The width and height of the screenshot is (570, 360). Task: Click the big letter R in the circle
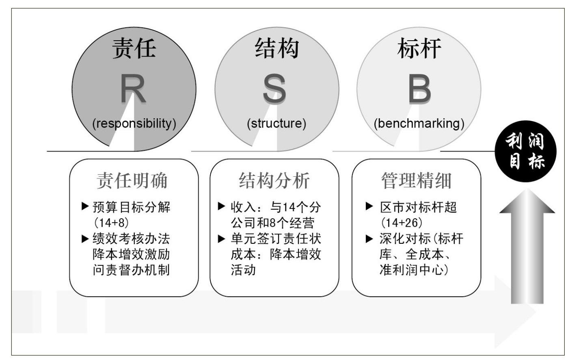point(133,88)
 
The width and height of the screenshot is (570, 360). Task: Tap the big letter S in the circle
point(274,88)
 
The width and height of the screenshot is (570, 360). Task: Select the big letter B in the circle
point(420,88)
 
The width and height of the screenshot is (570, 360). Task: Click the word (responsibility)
point(134,124)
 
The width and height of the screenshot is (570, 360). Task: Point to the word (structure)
point(276,124)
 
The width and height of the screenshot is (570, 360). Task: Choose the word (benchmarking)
point(419,124)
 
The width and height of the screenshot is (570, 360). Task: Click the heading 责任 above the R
point(134,48)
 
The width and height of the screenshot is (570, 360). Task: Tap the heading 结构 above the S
point(276,48)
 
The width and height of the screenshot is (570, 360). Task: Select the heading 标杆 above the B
point(419,48)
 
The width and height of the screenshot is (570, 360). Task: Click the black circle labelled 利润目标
point(525,151)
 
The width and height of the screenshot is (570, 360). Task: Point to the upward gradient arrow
point(527,246)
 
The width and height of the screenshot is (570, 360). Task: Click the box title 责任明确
point(132,181)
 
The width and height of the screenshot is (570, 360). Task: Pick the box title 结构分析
point(274,181)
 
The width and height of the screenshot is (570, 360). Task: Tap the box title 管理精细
point(416,181)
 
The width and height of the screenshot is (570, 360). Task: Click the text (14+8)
point(111,223)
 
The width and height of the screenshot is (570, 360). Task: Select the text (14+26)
point(402,223)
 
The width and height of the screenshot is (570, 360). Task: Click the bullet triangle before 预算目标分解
point(85,206)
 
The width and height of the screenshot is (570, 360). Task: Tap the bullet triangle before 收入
point(221,206)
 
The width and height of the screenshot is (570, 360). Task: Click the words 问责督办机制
point(131,270)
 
